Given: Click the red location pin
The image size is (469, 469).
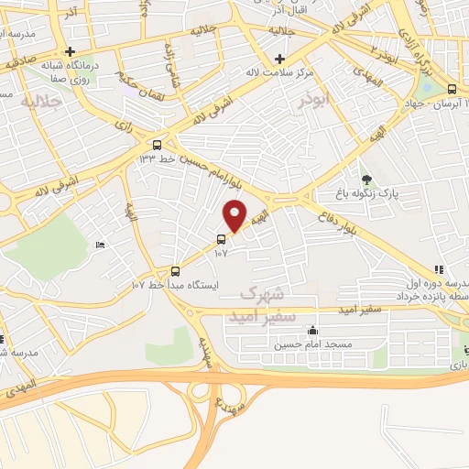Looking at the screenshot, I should [235, 215].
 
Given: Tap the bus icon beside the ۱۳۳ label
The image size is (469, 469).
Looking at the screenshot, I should [157, 144].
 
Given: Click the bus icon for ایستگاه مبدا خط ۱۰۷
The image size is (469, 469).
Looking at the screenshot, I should [175, 271].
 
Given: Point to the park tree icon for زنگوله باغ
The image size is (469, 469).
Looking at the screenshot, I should [366, 179].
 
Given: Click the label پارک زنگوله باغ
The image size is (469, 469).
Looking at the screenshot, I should [399, 194].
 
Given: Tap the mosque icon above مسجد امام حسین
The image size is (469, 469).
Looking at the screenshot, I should [314, 331].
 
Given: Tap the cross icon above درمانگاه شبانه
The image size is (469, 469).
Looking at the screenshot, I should [70, 51].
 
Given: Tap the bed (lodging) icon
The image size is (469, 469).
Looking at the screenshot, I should [101, 245].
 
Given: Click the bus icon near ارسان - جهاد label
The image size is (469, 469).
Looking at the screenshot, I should [452, 89].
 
